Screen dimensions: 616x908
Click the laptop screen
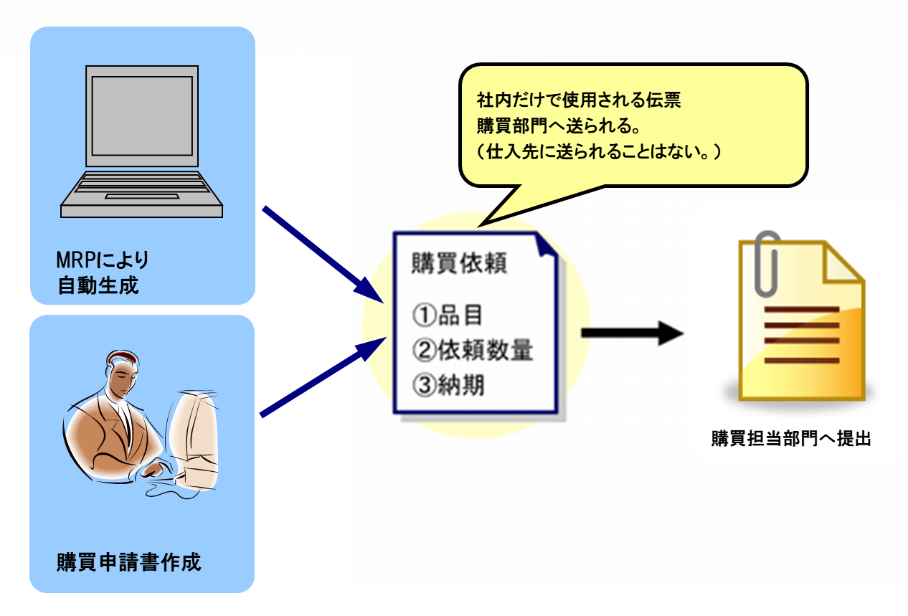(141, 116)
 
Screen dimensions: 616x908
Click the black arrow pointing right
(631, 333)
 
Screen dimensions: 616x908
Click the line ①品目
(448, 315)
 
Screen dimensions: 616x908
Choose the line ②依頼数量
(473, 350)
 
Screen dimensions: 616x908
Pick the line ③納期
(448, 385)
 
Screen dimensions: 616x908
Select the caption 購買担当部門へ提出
(790, 439)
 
